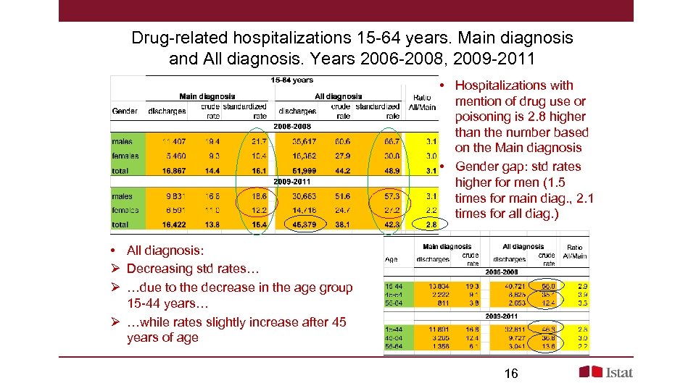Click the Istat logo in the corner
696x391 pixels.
[605, 371]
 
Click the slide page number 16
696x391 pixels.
[510, 373]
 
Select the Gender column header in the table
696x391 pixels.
[125, 112]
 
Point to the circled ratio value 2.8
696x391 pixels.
[431, 224]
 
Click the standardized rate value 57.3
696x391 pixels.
[391, 196]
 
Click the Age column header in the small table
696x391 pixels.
[391, 258]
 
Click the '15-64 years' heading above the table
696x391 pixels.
[291, 80]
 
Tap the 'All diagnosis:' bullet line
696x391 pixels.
[165, 251]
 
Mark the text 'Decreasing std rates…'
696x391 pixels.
[192, 269]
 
